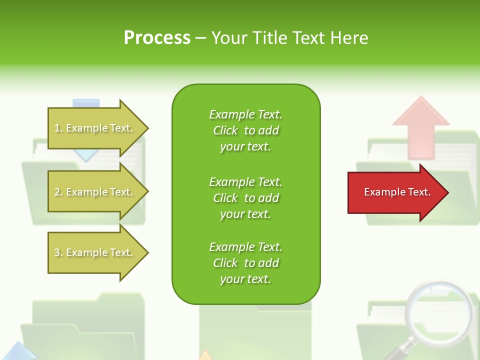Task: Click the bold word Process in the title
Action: coord(157,38)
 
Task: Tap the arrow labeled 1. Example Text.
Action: coord(95,128)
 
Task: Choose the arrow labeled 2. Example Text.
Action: coord(95,192)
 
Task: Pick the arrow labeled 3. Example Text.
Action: coord(95,252)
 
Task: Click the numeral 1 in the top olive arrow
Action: coord(56,128)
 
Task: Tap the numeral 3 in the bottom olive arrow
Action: coord(56,252)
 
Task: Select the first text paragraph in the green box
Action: coord(245,130)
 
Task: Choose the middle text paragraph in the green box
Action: coord(245,198)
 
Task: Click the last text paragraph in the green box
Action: coord(245,263)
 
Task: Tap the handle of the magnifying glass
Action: coord(402,349)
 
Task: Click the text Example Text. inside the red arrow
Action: coord(397,192)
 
